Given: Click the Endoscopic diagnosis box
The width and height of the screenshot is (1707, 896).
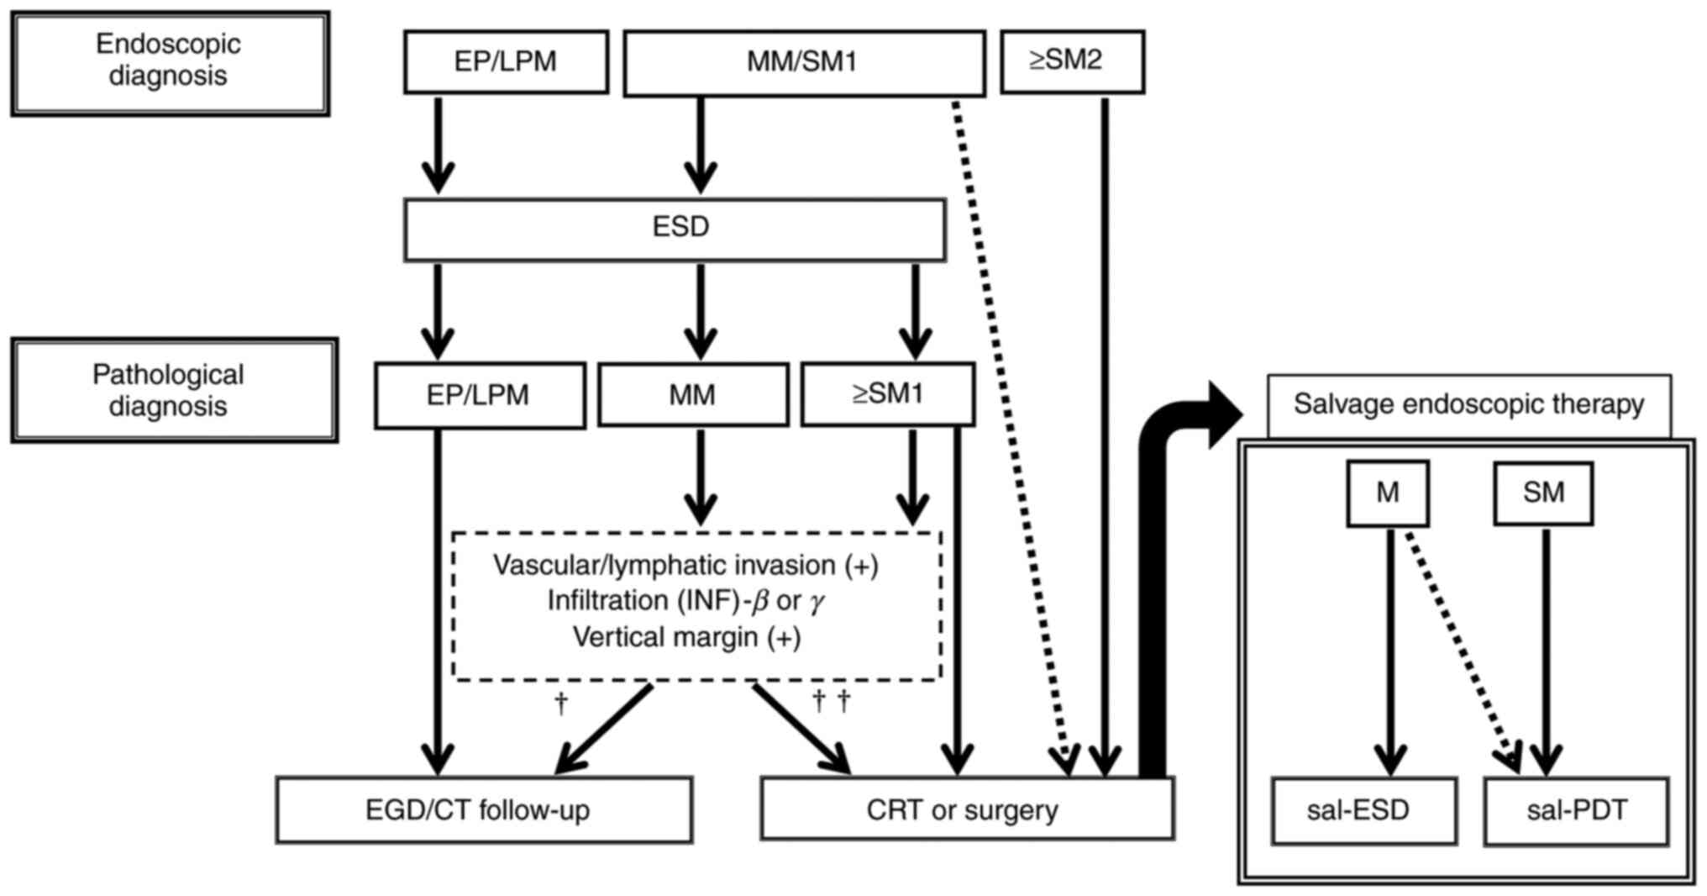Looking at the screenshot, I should pos(170,63).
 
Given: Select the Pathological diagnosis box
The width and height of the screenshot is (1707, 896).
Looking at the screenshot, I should pos(174,391).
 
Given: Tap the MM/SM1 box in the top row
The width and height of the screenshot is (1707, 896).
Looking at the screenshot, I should pos(803,63).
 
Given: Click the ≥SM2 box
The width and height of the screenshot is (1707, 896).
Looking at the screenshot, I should pos(1071,61).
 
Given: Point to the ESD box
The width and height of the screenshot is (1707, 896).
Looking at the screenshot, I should pos(675,229).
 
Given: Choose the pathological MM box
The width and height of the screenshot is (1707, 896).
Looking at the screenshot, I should pos(692,395).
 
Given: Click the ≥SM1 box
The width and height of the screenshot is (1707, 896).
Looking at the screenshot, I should pos(887,394).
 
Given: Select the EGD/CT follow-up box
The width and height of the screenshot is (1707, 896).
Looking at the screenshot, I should pos(484,810).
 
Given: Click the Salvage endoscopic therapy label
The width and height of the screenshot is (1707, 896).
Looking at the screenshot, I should pos(1468,405).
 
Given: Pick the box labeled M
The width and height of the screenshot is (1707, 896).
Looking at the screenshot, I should pos(1387,493).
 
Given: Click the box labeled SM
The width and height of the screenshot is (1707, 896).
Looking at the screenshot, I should pos(1542,493).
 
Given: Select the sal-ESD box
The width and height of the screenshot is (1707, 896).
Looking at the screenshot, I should pos(1363,811).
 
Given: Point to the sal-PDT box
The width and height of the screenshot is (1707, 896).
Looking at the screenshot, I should pos(1576,811).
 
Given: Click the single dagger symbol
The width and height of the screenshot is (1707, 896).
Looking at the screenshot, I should pos(561,702).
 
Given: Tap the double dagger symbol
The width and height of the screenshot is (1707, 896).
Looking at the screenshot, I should pos(832,700).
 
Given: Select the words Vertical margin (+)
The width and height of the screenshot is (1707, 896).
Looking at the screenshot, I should pos(686,638).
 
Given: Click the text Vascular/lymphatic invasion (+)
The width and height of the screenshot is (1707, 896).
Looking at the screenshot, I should pos(685,566).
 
